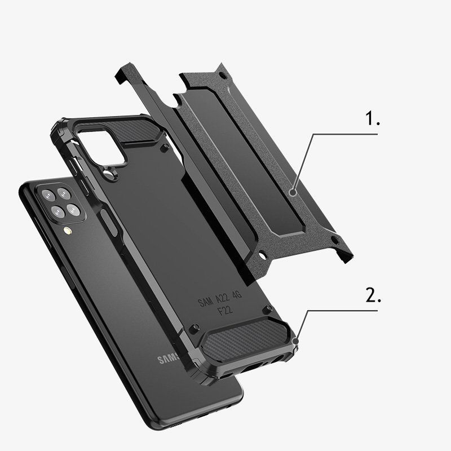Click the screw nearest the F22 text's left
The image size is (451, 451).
click(x=194, y=326)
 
